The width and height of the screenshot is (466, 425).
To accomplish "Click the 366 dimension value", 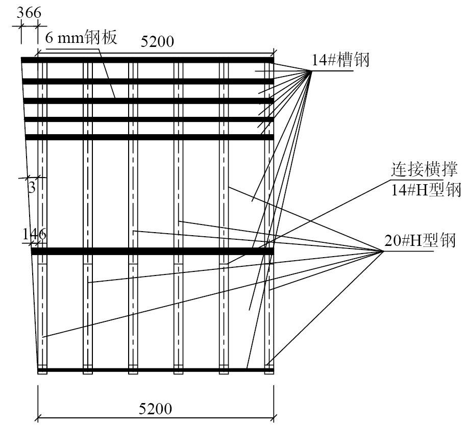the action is pos(29,13).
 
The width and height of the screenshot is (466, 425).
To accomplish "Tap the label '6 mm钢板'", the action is pos(81,37).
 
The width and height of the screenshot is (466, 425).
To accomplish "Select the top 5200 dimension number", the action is pos(157,41).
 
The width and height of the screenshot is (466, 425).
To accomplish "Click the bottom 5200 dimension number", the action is pos(156,409).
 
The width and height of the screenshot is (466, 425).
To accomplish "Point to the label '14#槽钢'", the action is pos(340,60).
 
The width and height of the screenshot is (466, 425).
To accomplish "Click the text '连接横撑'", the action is pos(424,170).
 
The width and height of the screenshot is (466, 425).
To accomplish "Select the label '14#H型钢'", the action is pos(426,189).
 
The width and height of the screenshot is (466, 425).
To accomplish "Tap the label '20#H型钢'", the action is pos(420,240).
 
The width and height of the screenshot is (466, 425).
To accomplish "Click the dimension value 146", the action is pos(35,234).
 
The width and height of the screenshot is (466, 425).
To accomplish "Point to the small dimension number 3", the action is pos(32,188).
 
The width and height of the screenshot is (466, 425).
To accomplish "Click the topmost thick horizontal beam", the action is pos(148,60).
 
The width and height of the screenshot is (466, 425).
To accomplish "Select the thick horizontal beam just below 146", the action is pos(153,251).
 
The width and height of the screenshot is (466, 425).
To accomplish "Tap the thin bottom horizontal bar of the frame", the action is pos(156,370).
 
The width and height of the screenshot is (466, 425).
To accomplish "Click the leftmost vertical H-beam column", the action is pos(42,217).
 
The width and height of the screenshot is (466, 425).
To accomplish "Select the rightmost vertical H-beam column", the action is pos(269,217).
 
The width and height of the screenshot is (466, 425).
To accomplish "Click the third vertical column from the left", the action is pos(133,217).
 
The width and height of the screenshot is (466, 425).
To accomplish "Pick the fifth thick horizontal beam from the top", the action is pos(150,137).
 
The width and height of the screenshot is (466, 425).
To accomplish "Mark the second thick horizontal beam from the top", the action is pos(148,81).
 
